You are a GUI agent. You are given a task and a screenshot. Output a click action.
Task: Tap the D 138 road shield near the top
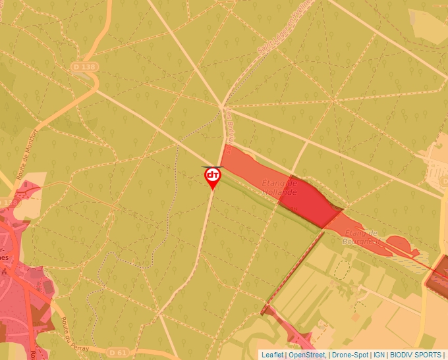click(84, 66)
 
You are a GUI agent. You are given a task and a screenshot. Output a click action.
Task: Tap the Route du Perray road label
click(69, 327)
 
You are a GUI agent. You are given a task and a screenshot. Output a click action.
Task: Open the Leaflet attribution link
click(272, 355)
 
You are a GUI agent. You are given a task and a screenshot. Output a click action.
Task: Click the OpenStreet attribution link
click(306, 355)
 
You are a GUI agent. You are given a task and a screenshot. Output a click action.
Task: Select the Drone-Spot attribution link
click(349, 355)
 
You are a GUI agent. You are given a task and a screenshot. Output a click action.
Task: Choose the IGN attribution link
click(379, 355)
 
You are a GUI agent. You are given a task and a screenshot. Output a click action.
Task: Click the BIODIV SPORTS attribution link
click(416, 355)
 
